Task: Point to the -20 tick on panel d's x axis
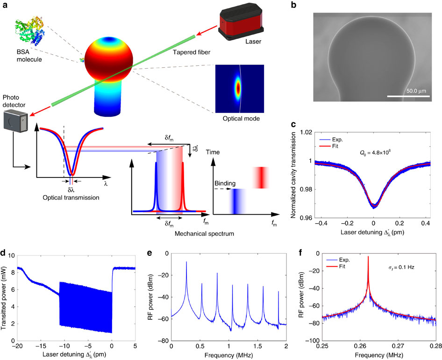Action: [18, 346]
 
